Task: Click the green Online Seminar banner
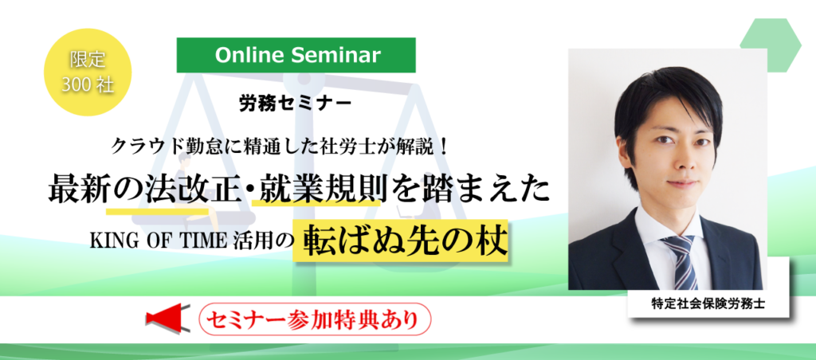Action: (296, 55)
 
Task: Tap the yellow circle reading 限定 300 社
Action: (88, 72)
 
